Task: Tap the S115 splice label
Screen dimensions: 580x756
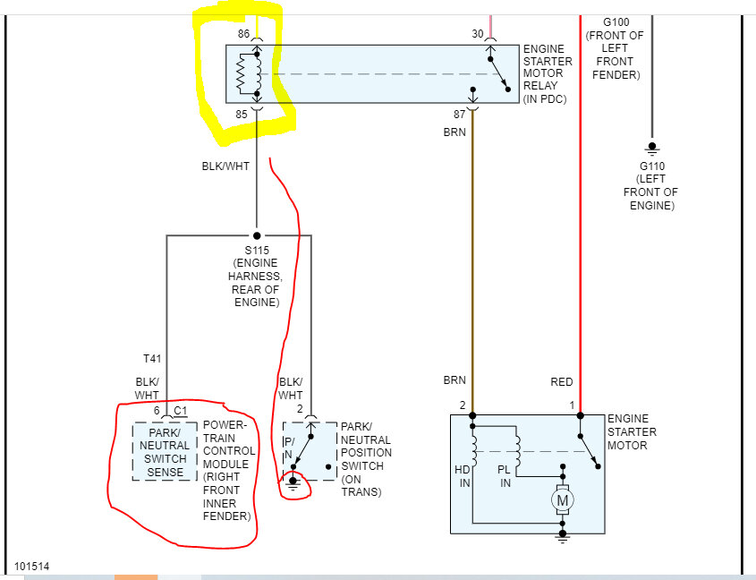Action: [x=256, y=250]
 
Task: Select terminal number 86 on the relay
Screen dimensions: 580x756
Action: [x=243, y=34]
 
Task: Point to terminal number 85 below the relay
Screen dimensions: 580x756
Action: [x=242, y=114]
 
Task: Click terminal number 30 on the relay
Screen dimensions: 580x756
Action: [x=478, y=34]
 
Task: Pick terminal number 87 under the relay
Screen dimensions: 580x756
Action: [x=461, y=114]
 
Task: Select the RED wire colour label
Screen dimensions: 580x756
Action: [x=561, y=381]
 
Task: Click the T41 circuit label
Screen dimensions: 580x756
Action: [x=152, y=358]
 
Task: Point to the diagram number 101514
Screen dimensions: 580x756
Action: [x=31, y=566]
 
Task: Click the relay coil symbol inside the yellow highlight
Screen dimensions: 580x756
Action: [x=250, y=73]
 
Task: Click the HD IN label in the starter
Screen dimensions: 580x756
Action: [x=463, y=476]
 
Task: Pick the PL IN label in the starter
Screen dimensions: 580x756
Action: [x=505, y=476]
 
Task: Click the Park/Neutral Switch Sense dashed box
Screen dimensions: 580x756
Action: [x=165, y=451]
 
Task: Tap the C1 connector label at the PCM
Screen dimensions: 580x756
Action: [x=180, y=411]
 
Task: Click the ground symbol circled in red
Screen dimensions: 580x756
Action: [x=293, y=483]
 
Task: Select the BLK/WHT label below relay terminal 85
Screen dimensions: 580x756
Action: [x=225, y=166]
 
